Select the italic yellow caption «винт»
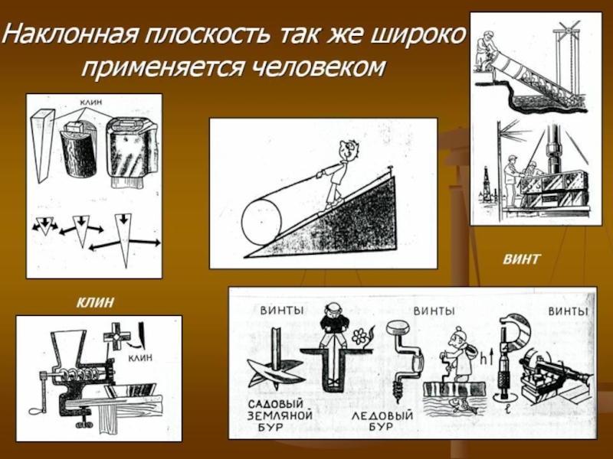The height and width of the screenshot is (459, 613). point(522,259)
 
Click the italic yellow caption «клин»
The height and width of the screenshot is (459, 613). point(95,301)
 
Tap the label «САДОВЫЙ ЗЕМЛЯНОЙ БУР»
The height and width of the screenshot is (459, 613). point(280,415)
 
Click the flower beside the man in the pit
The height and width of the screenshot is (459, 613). point(358,336)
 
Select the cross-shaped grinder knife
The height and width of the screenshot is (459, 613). point(117,335)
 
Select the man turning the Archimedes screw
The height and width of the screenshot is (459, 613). point(485,49)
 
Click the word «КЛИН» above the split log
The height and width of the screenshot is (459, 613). point(90,102)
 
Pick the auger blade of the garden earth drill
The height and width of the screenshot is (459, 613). point(275,372)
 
